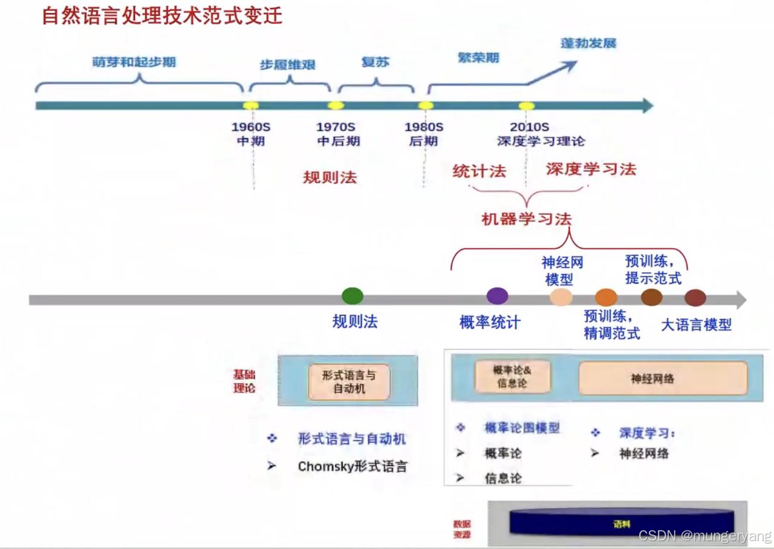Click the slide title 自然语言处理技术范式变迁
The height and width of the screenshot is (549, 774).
(x=161, y=15)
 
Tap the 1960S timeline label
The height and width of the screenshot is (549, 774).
(x=251, y=127)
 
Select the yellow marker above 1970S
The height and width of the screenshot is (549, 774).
(x=336, y=106)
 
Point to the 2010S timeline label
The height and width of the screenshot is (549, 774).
(x=529, y=127)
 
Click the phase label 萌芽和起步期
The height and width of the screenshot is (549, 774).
(x=134, y=62)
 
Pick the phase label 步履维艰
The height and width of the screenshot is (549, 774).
(x=288, y=65)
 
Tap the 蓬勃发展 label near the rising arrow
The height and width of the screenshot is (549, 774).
(x=588, y=44)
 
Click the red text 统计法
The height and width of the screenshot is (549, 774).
(x=479, y=171)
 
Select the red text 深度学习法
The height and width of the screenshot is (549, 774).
(x=591, y=169)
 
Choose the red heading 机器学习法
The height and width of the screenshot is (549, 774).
(x=526, y=219)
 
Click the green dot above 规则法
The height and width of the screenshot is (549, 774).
(x=353, y=296)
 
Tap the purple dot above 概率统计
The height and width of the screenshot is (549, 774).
(x=497, y=296)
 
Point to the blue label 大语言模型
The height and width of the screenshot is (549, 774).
(x=696, y=324)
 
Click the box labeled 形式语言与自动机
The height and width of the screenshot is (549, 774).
(x=349, y=382)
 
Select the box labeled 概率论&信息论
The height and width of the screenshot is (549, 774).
(x=512, y=376)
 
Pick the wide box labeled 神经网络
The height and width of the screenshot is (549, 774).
(x=663, y=379)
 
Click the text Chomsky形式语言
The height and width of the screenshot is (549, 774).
(x=353, y=467)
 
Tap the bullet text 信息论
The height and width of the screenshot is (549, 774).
(x=502, y=478)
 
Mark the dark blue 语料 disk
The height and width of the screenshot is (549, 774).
(x=622, y=523)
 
